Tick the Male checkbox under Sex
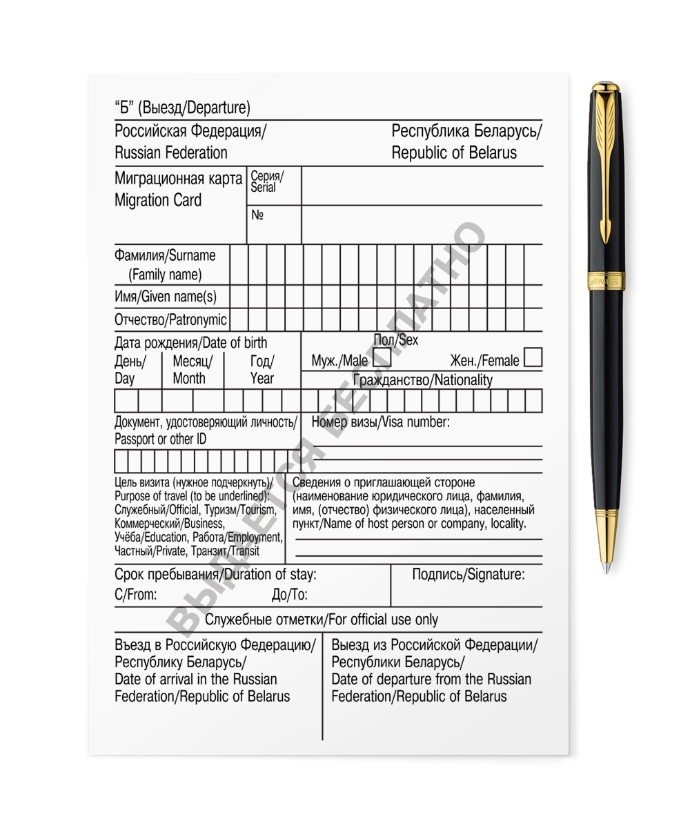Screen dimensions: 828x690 point(382,358)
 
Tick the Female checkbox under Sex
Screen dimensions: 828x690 point(533,357)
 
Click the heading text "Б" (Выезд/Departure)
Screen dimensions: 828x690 point(182,108)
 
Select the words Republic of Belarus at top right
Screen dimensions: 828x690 point(454,153)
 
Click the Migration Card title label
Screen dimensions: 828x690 point(158,200)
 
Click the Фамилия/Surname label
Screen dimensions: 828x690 point(165,256)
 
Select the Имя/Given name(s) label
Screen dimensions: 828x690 point(165,297)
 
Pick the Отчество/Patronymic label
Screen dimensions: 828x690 point(170,320)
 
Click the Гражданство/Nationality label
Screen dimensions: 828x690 point(423,380)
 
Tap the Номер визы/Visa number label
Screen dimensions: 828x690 point(381,422)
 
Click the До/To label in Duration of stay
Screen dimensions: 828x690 point(290,595)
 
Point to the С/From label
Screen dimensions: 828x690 point(136,595)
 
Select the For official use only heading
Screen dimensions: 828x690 point(321,619)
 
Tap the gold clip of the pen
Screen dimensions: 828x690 point(604,166)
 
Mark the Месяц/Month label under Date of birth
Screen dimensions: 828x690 point(193,369)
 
